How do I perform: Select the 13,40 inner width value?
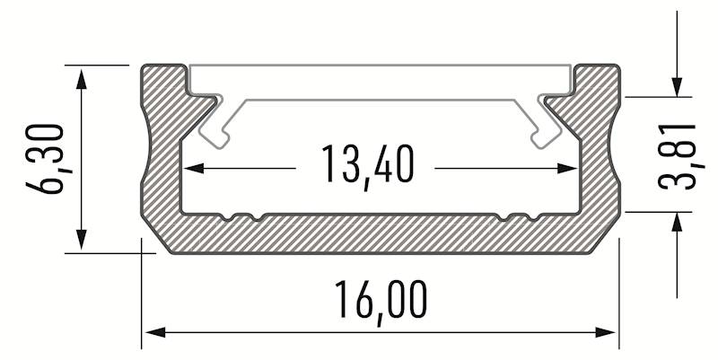pyautogui.click(x=367, y=166)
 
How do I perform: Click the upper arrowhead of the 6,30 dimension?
pyautogui.click(x=83, y=75)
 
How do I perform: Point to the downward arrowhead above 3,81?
pyautogui.click(x=678, y=86)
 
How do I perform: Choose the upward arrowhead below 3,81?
pyautogui.click(x=678, y=221)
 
